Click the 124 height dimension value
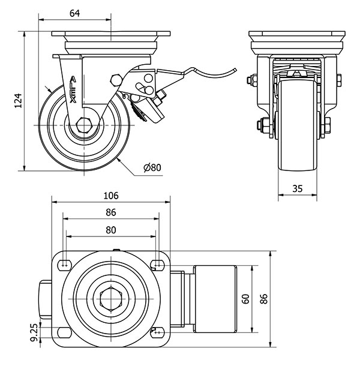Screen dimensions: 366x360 19,100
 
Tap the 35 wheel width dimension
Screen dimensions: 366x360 296,188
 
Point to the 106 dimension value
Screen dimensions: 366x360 110,196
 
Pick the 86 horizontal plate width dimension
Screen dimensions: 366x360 110,212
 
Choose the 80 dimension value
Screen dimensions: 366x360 110,229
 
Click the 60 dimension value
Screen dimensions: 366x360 244,298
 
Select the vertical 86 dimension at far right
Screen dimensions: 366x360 262,298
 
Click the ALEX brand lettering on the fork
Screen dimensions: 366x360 73,91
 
